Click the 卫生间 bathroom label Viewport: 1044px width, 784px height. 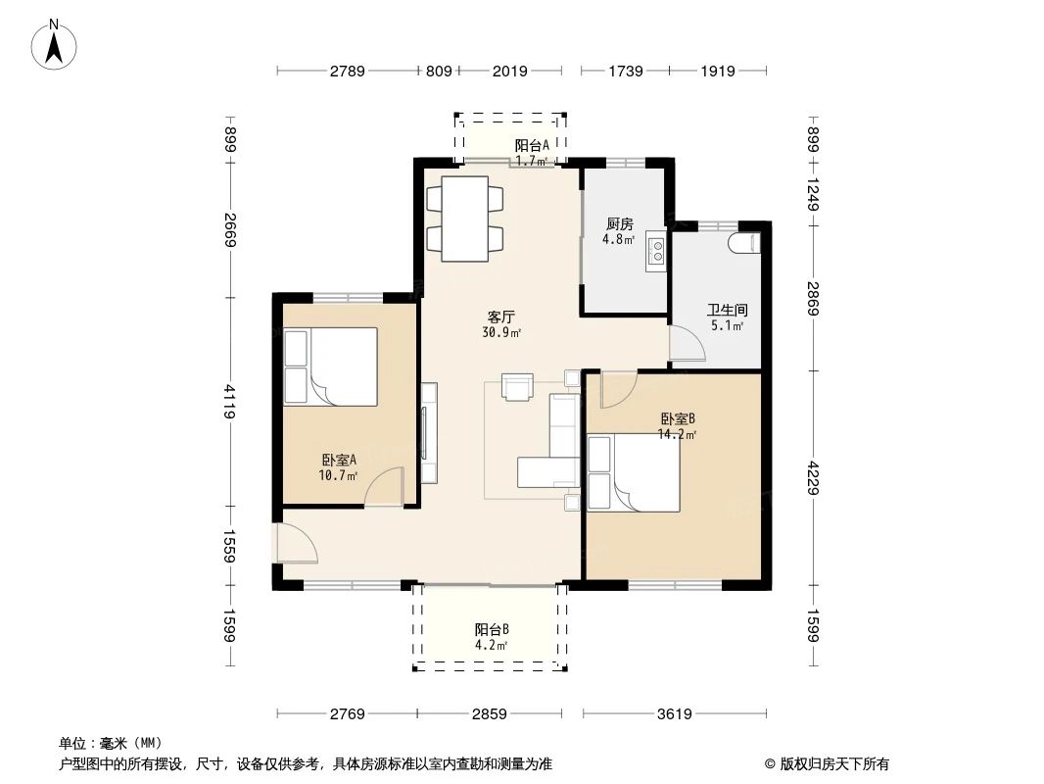(727, 311)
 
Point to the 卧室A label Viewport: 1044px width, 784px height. (338, 460)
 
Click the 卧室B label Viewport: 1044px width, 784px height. (677, 418)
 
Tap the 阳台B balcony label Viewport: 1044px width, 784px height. (492, 629)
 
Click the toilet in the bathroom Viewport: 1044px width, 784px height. (745, 241)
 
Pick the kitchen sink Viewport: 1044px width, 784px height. (655, 251)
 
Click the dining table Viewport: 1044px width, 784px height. (464, 219)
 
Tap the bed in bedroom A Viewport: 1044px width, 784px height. (330, 367)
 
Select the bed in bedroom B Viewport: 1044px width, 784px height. (634, 473)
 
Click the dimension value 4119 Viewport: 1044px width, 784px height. (229, 401)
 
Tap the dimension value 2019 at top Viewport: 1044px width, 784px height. (509, 71)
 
